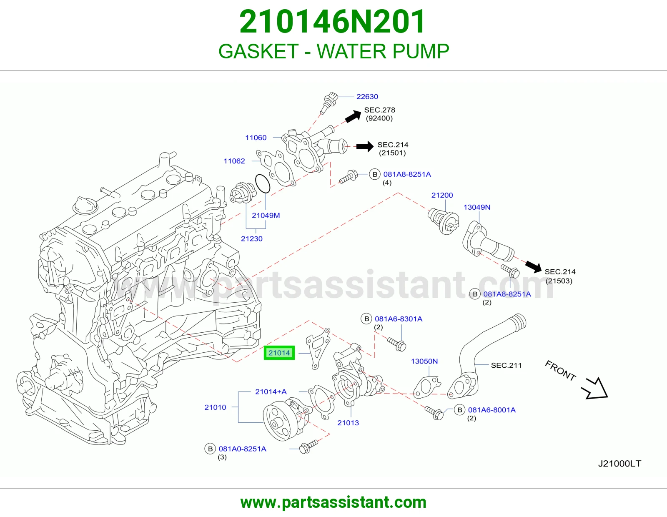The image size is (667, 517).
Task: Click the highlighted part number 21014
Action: tap(279, 353)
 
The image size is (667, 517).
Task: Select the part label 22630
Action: tap(367, 97)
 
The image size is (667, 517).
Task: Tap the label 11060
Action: tap(256, 138)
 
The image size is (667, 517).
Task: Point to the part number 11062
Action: tap(234, 161)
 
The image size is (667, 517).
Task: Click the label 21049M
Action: tap(266, 215)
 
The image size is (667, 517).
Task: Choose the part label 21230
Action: tap(252, 238)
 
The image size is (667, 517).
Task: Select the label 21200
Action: tap(442, 195)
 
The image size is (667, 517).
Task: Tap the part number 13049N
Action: tap(476, 207)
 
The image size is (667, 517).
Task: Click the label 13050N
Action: tap(424, 361)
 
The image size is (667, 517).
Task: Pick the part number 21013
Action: tap(348, 423)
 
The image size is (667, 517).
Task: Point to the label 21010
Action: tap(215, 407)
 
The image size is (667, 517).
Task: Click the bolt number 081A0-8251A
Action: tap(243, 449)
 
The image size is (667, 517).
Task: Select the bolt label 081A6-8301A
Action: tap(399, 319)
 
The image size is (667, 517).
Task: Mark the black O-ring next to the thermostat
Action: tap(263, 183)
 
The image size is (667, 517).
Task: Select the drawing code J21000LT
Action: tap(619, 463)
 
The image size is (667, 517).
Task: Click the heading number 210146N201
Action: tap(332, 21)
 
